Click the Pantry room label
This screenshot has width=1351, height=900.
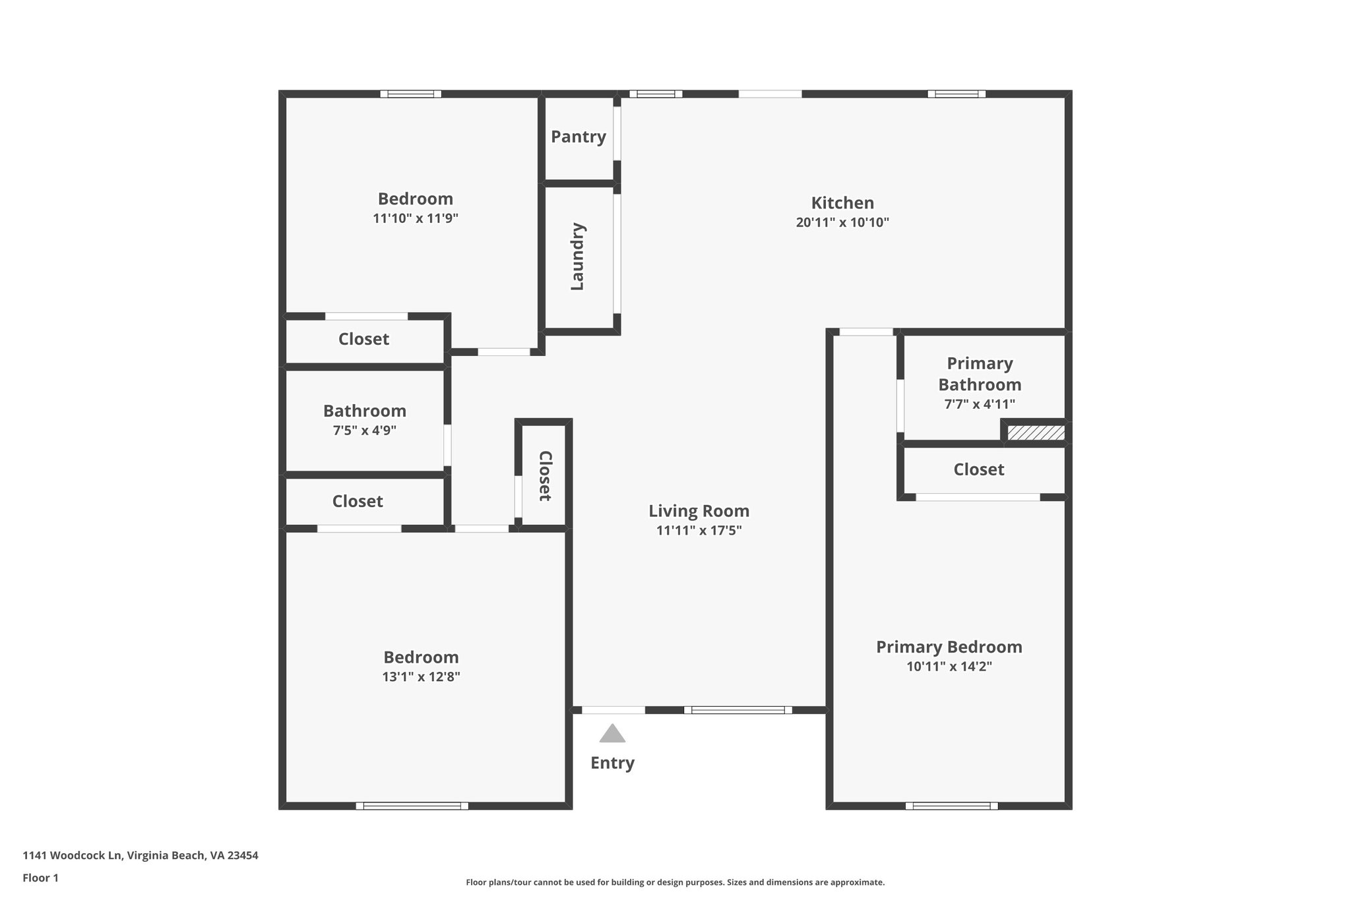(x=579, y=136)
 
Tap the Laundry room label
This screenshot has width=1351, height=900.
(x=577, y=256)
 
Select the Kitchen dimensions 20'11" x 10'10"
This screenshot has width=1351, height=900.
(x=842, y=223)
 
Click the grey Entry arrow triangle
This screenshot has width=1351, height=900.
(x=612, y=734)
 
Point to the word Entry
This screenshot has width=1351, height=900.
(x=612, y=763)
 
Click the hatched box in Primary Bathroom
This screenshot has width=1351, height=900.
(x=1036, y=433)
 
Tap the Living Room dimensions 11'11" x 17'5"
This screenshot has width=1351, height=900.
(x=699, y=531)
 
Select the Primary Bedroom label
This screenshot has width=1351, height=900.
(x=949, y=647)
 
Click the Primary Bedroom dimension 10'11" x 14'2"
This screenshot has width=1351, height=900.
(x=949, y=667)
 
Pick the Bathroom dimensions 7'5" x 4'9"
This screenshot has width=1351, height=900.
(x=364, y=431)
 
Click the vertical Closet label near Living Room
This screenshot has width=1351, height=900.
(x=545, y=476)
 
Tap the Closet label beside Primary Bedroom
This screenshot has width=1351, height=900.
(x=978, y=469)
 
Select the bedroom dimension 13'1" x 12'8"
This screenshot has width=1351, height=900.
(x=421, y=677)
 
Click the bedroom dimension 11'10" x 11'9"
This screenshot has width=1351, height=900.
(x=415, y=218)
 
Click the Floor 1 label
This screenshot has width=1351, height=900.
(x=41, y=878)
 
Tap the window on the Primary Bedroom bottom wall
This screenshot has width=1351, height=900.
(x=951, y=806)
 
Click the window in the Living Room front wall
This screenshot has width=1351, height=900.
(x=738, y=710)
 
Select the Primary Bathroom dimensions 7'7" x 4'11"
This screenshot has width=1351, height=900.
(x=980, y=404)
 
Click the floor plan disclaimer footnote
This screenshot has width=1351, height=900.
(x=675, y=882)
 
